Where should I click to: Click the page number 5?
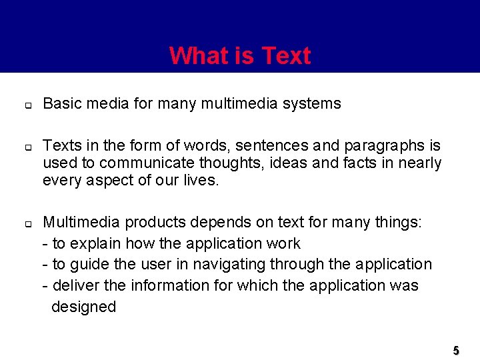[x=456, y=350]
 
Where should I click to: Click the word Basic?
[x=61, y=104]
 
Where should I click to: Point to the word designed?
[x=83, y=307]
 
